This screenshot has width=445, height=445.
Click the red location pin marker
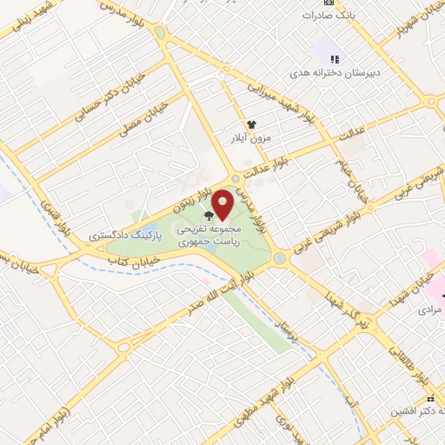click(223, 203)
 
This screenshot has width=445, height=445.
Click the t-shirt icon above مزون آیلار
click(252, 124)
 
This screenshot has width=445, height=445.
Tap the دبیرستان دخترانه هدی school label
click(349, 69)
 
